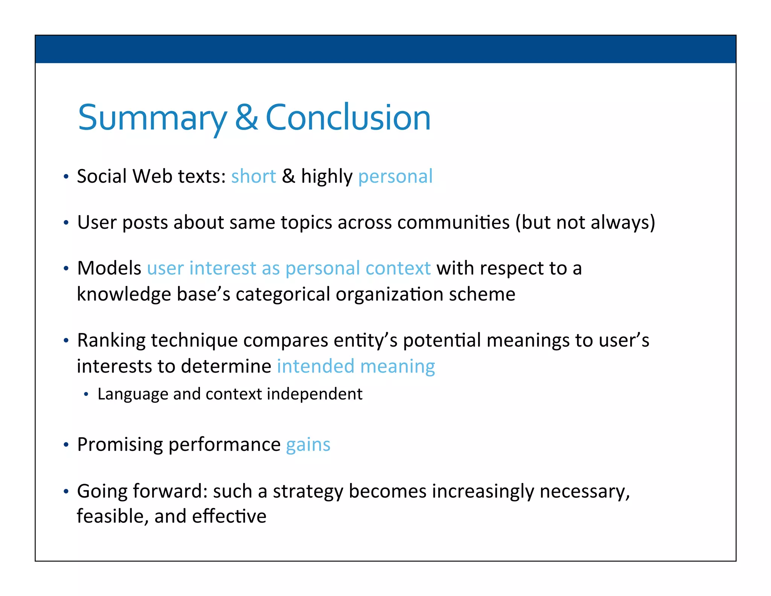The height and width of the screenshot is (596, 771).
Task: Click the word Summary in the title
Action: point(152,118)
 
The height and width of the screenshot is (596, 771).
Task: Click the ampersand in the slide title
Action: point(247,118)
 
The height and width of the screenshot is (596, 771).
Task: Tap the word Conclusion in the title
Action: point(348,118)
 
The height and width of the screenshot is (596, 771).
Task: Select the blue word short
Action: point(253,176)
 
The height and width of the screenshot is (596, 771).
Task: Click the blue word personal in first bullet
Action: point(395,176)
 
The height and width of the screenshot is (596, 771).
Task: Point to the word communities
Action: point(453,222)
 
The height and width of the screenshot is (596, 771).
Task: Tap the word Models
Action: point(109,268)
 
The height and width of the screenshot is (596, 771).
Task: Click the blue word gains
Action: point(308,445)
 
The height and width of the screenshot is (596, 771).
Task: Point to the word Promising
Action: point(120,445)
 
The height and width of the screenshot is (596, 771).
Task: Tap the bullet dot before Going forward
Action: point(66,491)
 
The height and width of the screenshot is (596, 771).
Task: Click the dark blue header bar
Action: point(385,49)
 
